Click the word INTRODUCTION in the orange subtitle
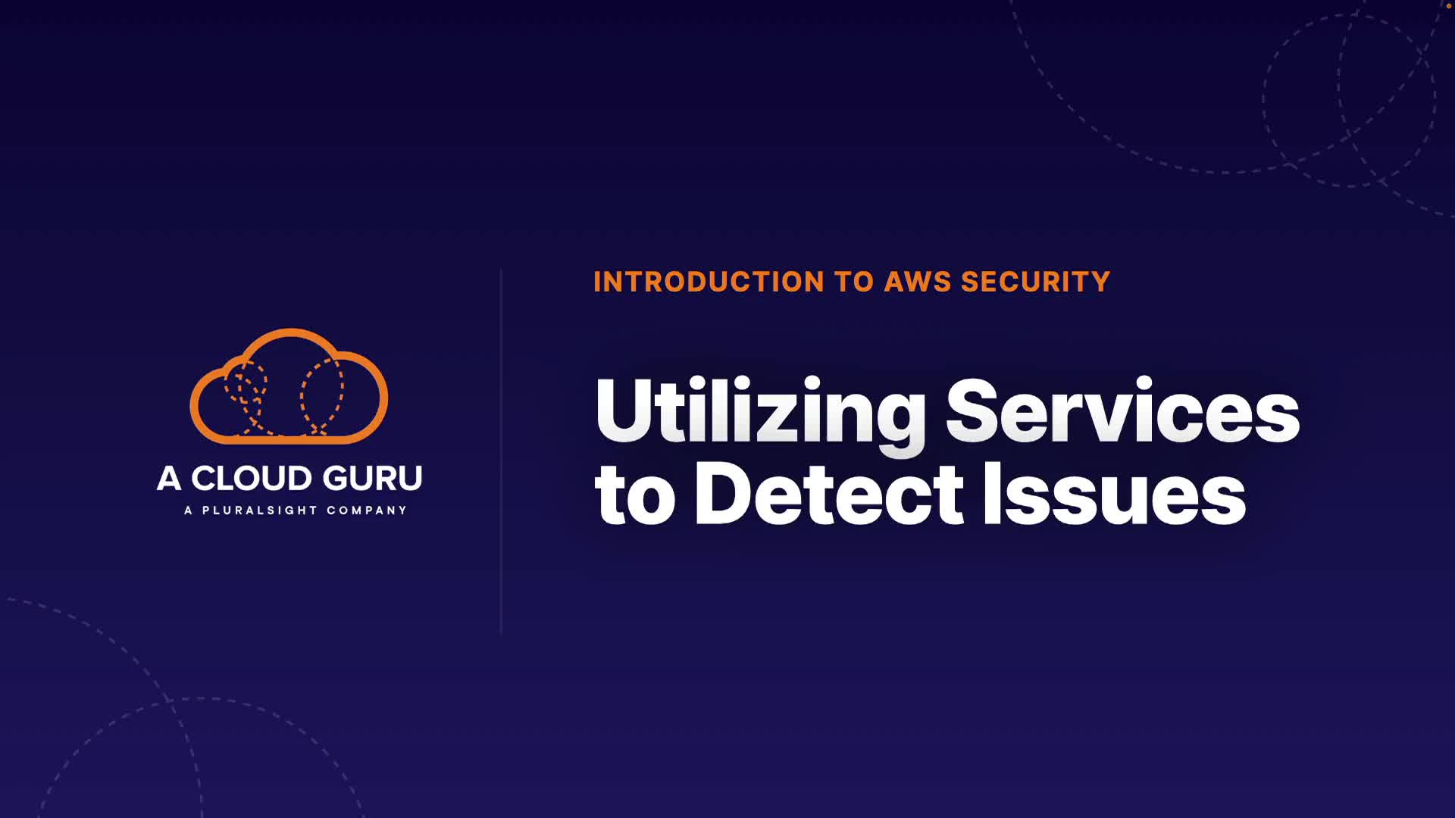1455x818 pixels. coord(709,282)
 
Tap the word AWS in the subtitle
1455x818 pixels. coord(918,282)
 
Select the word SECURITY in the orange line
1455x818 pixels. coord(1035,282)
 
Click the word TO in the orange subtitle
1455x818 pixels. coord(854,282)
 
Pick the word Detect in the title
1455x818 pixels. coord(829,495)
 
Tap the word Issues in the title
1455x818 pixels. coord(1114,495)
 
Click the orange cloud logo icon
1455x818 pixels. coord(289,386)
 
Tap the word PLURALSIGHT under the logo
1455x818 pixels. coord(259,510)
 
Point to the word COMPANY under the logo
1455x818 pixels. coord(367,510)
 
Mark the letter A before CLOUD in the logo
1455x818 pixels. coord(168,479)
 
